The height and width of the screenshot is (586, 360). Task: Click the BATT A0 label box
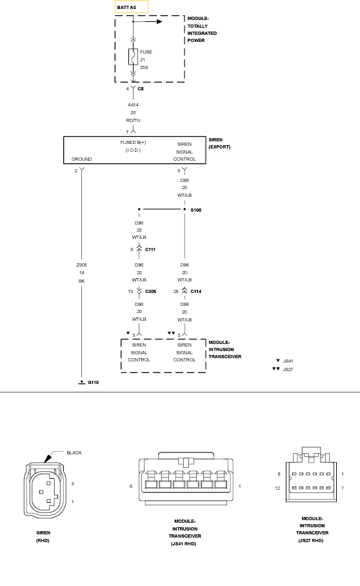pos(132,6)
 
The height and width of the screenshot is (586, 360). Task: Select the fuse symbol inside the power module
pos(133,57)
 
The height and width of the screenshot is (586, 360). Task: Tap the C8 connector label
pos(141,89)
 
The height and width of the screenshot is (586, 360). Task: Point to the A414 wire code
pos(133,105)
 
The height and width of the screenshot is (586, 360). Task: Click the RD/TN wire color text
pos(133,120)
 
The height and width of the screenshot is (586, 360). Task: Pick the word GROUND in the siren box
pos(81,159)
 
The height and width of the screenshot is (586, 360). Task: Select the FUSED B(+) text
pos(133,143)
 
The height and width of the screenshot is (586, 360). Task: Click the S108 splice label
pos(195,210)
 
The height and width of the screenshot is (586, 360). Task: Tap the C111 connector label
pos(150,249)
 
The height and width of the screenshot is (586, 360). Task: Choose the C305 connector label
pos(150,292)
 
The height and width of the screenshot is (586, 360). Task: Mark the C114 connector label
pos(195,292)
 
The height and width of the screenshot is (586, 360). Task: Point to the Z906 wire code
pos(81,265)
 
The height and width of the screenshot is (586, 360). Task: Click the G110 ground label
pos(94,382)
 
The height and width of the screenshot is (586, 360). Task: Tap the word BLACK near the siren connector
pos(74,452)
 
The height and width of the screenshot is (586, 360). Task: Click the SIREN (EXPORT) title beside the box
pos(219,143)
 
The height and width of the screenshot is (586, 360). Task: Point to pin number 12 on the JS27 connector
pos(277,488)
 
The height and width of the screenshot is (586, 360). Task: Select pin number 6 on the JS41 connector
pos(131,486)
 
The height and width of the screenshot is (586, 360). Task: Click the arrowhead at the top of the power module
pos(160,22)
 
